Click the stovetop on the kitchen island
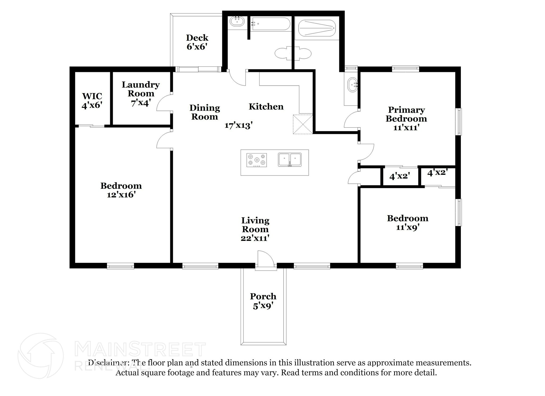click(x=257, y=160)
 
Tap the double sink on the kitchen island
click(x=290, y=160)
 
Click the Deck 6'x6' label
click(x=197, y=42)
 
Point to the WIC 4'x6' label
click(x=92, y=101)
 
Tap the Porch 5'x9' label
click(x=263, y=301)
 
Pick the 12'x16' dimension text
click(x=121, y=195)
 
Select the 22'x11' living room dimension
click(x=255, y=238)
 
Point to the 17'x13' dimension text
click(x=238, y=125)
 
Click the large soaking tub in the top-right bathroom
click(x=317, y=28)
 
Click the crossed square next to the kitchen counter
click(x=303, y=124)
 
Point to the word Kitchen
click(x=266, y=107)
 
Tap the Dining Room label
click(x=205, y=112)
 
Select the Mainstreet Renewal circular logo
click(x=40, y=356)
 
